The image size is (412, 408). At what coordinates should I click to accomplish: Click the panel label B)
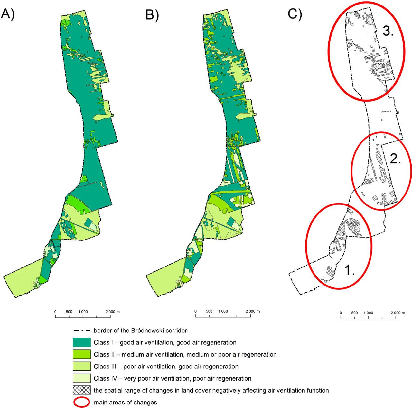click(x=152, y=14)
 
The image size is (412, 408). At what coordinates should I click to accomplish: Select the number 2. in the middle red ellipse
click(x=395, y=159)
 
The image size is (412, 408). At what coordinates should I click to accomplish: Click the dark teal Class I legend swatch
click(x=82, y=342)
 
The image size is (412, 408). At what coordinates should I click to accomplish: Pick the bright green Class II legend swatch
click(x=82, y=354)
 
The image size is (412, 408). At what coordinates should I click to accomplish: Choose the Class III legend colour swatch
click(x=82, y=366)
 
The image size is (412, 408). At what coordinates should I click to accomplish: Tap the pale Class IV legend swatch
click(x=82, y=378)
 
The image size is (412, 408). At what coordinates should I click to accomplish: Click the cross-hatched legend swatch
click(x=82, y=390)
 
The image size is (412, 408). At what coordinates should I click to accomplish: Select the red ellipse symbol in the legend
click(x=82, y=402)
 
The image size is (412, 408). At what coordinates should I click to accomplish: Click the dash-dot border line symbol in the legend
click(x=82, y=331)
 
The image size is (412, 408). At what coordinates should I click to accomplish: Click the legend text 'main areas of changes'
click(x=126, y=402)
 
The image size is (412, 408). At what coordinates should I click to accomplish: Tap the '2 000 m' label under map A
click(x=112, y=312)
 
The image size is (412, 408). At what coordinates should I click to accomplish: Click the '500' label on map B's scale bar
click(x=209, y=311)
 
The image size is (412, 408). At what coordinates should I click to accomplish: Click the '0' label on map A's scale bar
click(x=55, y=312)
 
